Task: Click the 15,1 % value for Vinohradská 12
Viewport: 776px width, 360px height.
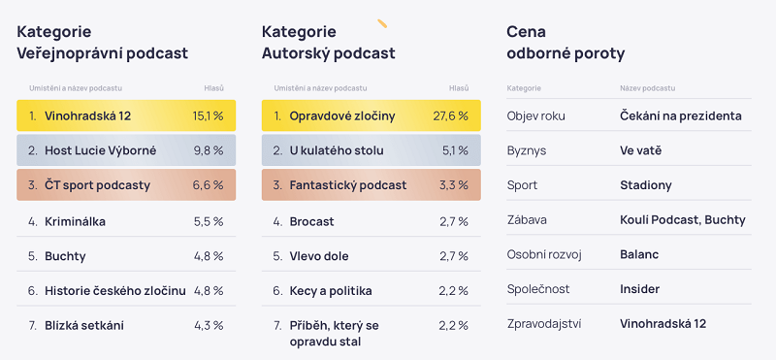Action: pyautogui.click(x=208, y=115)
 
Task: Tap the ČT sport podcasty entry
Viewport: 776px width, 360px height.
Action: pyautogui.click(x=97, y=185)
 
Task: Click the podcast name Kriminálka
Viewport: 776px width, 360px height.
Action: pyautogui.click(x=75, y=221)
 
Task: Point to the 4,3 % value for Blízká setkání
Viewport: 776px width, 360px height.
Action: pyautogui.click(x=208, y=325)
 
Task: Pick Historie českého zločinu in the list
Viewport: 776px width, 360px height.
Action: pyautogui.click(x=114, y=290)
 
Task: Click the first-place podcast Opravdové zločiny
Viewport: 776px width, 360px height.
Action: pyautogui.click(x=341, y=115)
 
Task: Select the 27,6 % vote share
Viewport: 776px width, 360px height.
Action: pyautogui.click(x=451, y=115)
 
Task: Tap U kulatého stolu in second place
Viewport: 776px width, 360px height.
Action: pyautogui.click(x=336, y=150)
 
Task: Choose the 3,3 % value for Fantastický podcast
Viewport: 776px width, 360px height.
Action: pyautogui.click(x=453, y=185)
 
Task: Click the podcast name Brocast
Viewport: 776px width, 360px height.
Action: pyautogui.click(x=311, y=221)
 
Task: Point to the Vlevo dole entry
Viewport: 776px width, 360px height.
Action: pyautogui.click(x=319, y=256)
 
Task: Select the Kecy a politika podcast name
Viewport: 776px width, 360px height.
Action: pyautogui.click(x=330, y=290)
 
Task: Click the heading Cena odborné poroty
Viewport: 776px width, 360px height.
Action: pyautogui.click(x=566, y=42)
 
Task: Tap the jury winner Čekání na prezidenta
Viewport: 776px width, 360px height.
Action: pyautogui.click(x=680, y=115)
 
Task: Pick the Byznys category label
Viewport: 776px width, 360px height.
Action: pyautogui.click(x=527, y=150)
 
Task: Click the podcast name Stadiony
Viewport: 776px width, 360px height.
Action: pyautogui.click(x=645, y=185)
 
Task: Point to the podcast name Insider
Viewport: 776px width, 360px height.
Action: pyautogui.click(x=639, y=289)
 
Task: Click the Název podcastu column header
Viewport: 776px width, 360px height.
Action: pyautogui.click(x=647, y=88)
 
